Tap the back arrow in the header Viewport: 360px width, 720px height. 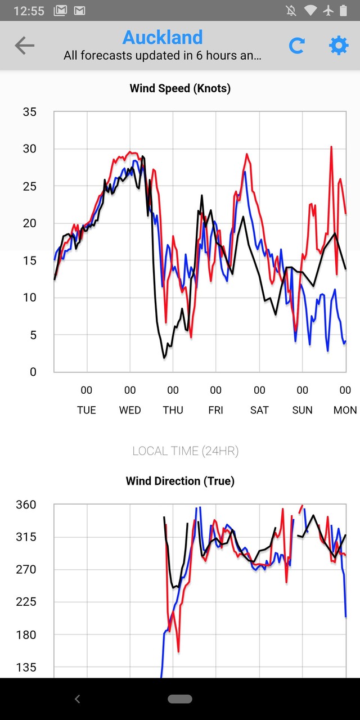(24, 46)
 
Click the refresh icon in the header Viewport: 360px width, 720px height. (296, 46)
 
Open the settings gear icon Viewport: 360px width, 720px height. (339, 46)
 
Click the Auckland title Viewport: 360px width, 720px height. (163, 37)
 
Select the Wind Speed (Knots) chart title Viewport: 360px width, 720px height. (180, 88)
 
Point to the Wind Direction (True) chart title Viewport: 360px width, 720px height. (180, 481)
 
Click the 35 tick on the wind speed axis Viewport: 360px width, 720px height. (29, 112)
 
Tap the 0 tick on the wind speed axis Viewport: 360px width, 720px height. (33, 372)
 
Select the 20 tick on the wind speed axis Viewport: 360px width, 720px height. (29, 223)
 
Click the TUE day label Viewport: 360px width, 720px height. (87, 410)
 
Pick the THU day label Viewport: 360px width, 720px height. (173, 410)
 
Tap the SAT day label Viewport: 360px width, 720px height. (259, 410)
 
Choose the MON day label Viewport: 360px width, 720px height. (345, 410)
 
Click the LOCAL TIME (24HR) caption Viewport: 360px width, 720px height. (186, 451)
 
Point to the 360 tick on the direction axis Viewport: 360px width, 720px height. (25, 505)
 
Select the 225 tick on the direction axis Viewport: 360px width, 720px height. (25, 602)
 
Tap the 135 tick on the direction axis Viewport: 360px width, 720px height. (25, 667)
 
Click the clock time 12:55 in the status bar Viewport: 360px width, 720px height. (29, 11)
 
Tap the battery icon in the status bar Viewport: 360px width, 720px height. (344, 11)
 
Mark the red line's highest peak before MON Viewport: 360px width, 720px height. (331, 147)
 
